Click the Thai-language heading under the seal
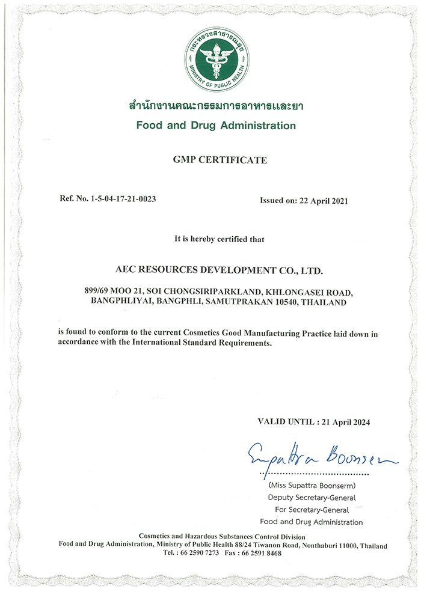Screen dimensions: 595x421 click(216, 106)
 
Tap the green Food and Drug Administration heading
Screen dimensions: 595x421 click(216, 126)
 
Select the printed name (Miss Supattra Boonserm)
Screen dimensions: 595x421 click(311, 485)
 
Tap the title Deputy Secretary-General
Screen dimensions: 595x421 click(311, 497)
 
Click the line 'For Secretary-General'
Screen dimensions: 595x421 click(311, 509)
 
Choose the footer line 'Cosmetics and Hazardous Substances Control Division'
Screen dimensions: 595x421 click(222, 536)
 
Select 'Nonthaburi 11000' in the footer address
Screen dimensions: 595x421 click(328, 545)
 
